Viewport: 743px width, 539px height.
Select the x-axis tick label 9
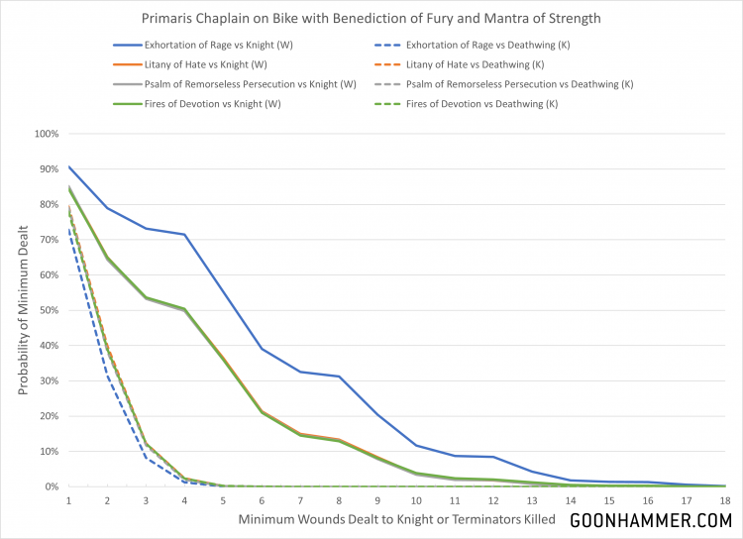point(376,502)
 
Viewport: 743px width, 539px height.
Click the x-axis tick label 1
point(68,502)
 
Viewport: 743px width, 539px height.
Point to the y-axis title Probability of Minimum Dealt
point(23,310)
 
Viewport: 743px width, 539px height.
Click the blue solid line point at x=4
point(184,235)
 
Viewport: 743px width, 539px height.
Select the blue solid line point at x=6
point(262,349)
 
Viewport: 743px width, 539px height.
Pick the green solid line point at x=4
point(184,309)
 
